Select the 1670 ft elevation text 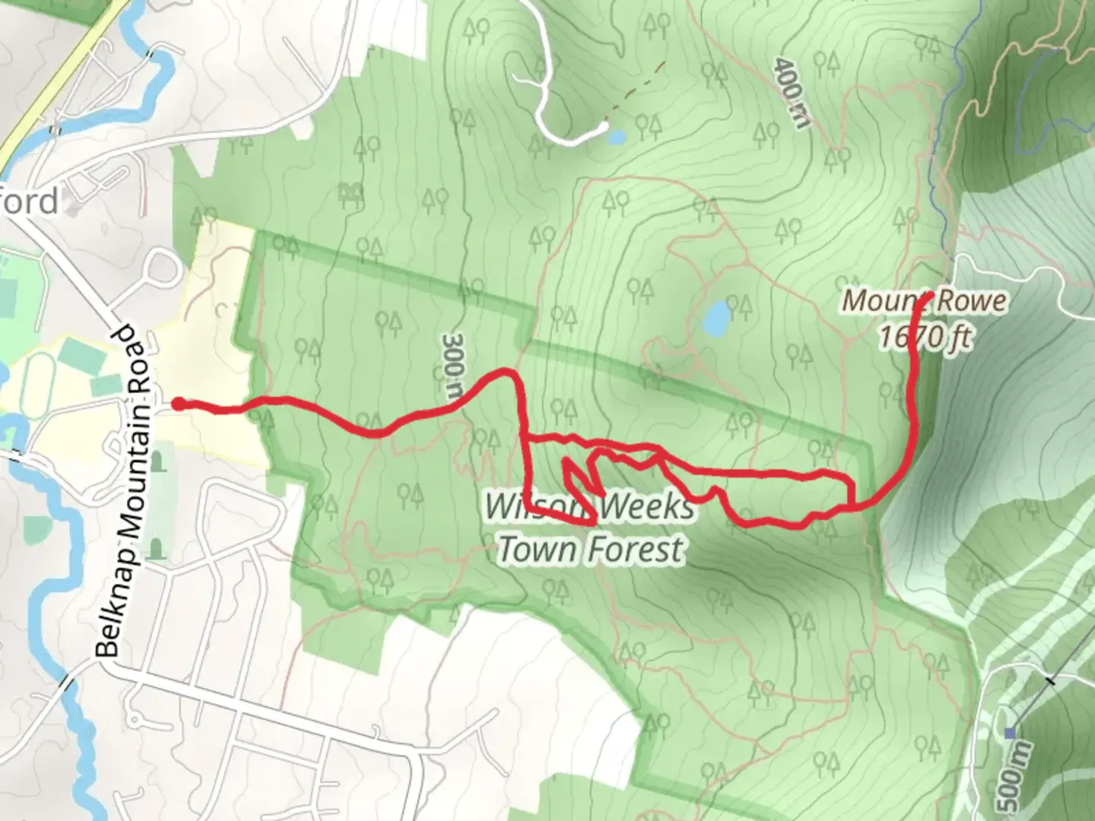click(x=925, y=336)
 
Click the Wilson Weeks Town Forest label click(x=590, y=528)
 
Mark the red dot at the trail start click(x=177, y=404)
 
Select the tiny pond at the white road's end click(x=616, y=138)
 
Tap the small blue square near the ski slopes click(x=1010, y=733)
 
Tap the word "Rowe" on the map click(x=972, y=301)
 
